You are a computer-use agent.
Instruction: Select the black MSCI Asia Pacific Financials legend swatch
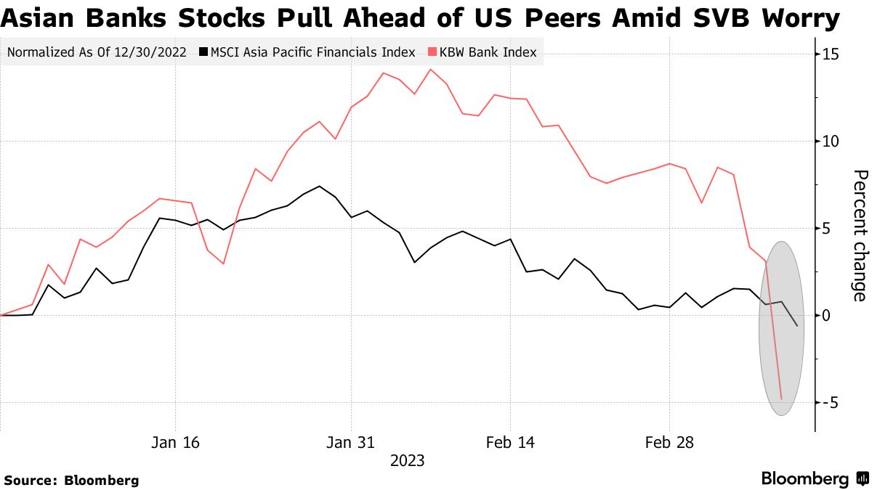coord(204,52)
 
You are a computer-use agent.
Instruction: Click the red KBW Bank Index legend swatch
coord(433,52)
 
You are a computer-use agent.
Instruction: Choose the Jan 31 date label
coord(352,442)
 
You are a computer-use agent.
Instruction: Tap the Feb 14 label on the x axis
coord(510,442)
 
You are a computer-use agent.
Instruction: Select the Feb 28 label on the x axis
coord(669,442)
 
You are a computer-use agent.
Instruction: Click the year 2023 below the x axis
coord(408,460)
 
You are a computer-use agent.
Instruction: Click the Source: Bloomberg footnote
coord(71,480)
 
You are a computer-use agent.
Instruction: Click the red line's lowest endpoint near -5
coord(781,399)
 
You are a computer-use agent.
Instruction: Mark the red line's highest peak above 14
coord(431,70)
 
